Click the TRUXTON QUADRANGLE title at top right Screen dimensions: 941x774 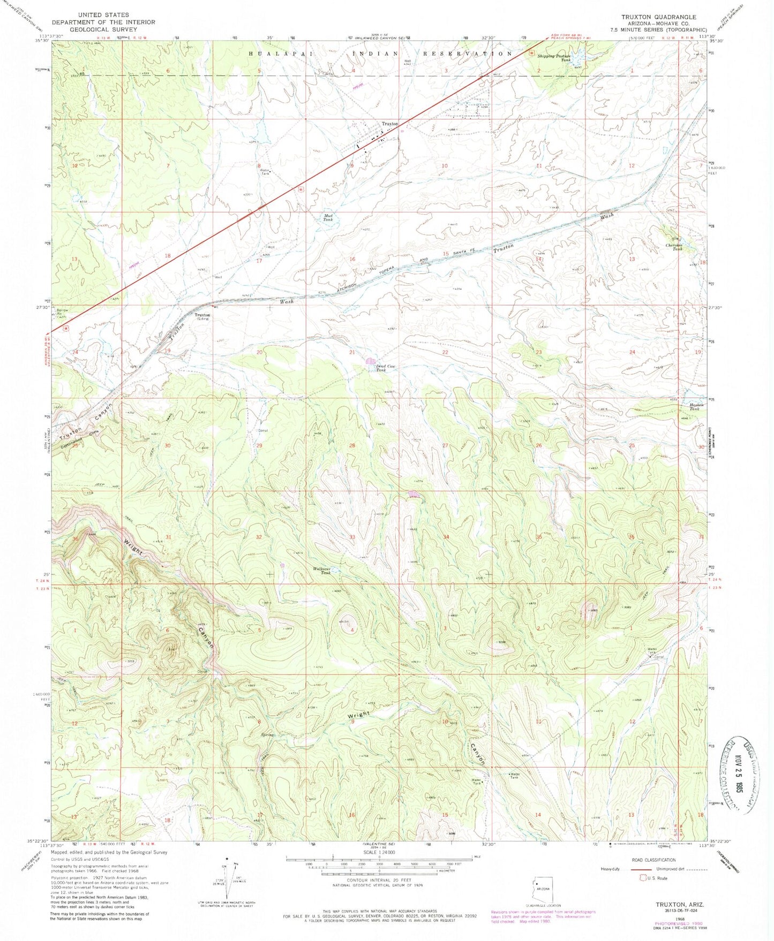point(666,17)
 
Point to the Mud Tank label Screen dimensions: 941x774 point(328,218)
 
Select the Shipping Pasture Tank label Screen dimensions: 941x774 point(554,57)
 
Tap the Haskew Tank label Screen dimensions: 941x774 point(694,407)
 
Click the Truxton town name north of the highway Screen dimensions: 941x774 point(389,124)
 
